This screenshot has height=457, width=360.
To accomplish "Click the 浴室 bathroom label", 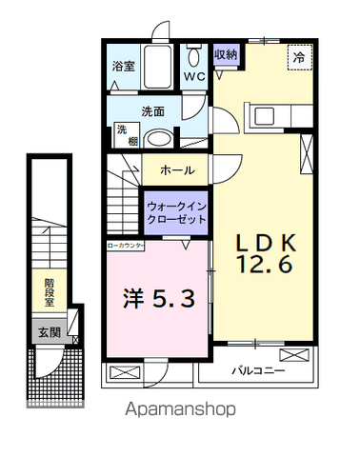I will point(125,68).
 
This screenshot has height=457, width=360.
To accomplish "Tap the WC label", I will point(195,76).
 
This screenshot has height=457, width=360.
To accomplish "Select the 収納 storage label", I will point(226,54).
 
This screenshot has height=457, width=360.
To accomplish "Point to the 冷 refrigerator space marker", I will point(299,55).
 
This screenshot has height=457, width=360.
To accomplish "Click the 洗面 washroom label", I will point(153,111).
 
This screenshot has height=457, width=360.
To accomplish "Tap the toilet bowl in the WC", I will point(194,55).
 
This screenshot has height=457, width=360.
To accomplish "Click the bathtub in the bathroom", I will point(158,68).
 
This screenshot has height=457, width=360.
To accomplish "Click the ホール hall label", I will point(177,170).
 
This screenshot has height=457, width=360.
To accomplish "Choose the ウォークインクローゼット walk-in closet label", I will point(177,211).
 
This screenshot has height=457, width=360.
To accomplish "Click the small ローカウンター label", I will point(125,245).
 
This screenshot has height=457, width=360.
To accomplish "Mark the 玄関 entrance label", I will point(49,332).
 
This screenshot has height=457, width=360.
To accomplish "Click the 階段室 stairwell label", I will point(49,290).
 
